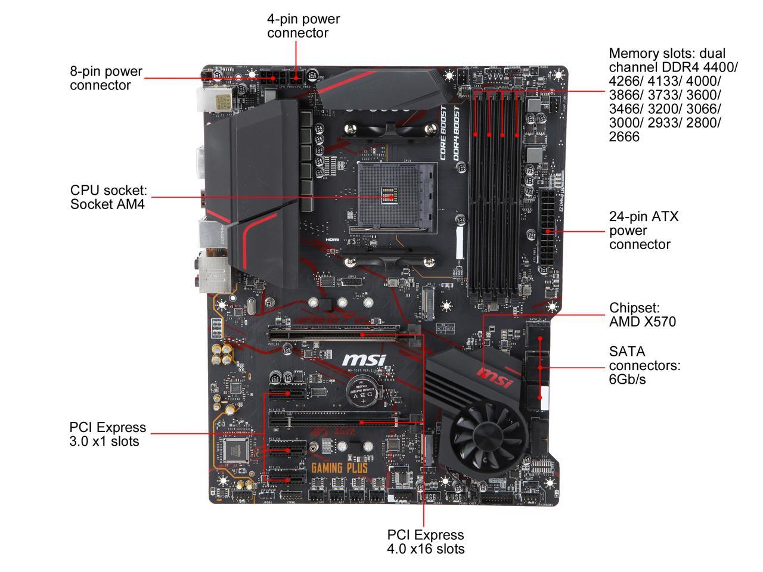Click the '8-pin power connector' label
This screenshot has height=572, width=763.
pos(106,78)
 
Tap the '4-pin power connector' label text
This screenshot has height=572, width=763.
pos(303,26)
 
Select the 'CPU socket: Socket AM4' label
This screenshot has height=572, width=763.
pos(108,197)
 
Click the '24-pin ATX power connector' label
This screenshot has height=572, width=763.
pos(643,230)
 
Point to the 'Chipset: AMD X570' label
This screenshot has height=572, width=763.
pos(642,315)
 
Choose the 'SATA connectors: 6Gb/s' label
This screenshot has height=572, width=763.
pos(644,365)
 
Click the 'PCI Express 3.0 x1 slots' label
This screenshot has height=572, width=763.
pos(107,434)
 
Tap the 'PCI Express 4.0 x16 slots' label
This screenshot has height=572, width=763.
pos(425,542)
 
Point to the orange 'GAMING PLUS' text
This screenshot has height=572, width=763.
pos(339,468)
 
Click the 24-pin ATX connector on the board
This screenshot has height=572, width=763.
pos(547,230)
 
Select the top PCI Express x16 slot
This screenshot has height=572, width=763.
pos(343,335)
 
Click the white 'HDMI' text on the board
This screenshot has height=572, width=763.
pos(332,240)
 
